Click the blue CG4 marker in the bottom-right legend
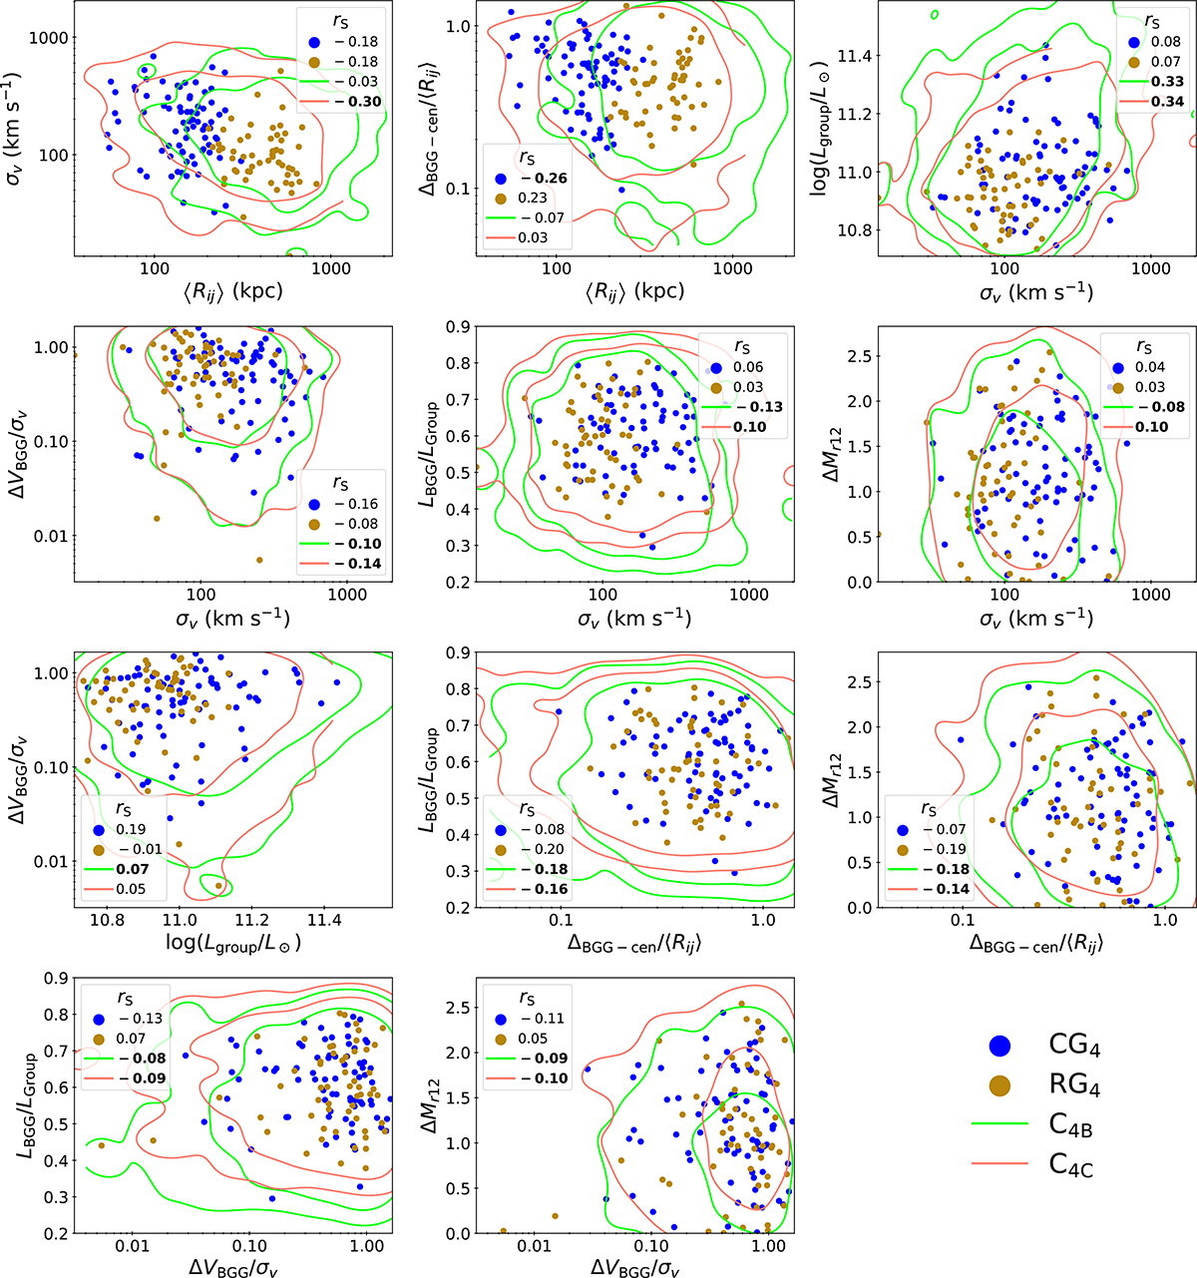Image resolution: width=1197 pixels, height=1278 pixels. click(999, 1046)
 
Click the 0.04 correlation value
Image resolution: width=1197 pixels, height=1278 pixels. click(1149, 367)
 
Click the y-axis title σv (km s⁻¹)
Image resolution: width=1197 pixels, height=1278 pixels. click(13, 128)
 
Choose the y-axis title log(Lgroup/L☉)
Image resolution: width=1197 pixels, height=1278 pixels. click(820, 128)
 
